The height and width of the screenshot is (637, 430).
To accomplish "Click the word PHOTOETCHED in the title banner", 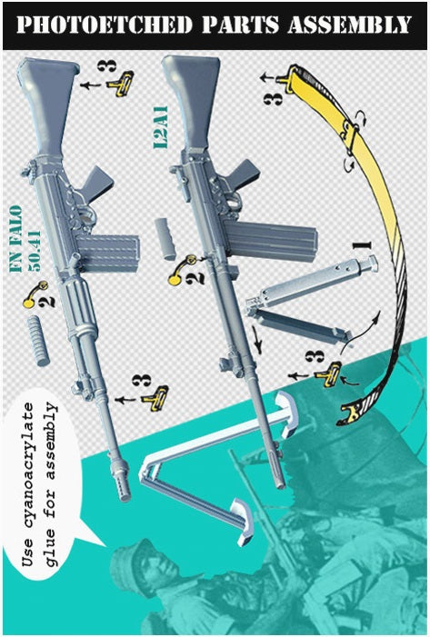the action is pos(105,25).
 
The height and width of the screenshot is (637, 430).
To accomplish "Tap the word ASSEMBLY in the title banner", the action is pos(349,25).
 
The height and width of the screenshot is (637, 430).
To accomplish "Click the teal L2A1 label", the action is pos(160,127).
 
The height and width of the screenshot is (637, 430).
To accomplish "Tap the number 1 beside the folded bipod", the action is pos(363,245).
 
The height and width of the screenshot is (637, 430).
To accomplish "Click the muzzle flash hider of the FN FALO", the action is pos(121,481).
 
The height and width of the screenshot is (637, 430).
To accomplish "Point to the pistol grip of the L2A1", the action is pos(242,174).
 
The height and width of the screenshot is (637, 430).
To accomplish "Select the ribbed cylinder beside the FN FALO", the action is pos(38,342).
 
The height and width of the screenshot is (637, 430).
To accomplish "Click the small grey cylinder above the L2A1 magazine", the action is pos(165,239).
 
